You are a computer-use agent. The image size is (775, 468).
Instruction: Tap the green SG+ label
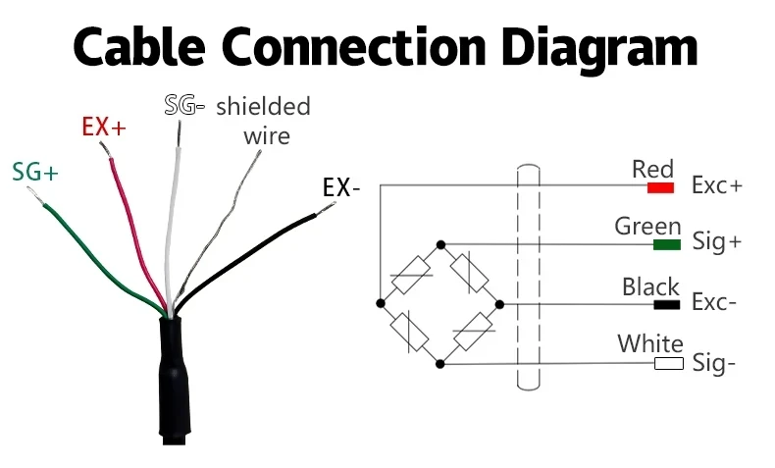(35, 172)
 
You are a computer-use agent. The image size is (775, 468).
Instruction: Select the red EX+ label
(103, 127)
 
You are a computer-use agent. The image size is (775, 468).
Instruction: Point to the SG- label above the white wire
(183, 105)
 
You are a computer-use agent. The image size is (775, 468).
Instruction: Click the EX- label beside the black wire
(341, 186)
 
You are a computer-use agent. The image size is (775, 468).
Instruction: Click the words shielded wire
(263, 120)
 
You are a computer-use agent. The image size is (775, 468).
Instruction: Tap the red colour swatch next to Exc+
(660, 186)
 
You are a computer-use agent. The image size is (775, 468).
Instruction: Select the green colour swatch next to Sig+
(667, 243)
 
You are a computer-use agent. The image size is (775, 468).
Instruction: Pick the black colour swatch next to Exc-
(667, 304)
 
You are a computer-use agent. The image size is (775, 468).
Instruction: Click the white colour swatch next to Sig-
(668, 364)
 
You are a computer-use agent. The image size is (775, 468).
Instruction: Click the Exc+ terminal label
(717, 185)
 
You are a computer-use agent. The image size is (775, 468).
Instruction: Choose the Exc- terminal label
(714, 303)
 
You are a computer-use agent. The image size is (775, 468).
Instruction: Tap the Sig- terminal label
(714, 364)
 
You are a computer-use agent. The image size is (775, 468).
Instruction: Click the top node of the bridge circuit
(440, 243)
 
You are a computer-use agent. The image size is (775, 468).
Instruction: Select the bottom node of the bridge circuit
(440, 364)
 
